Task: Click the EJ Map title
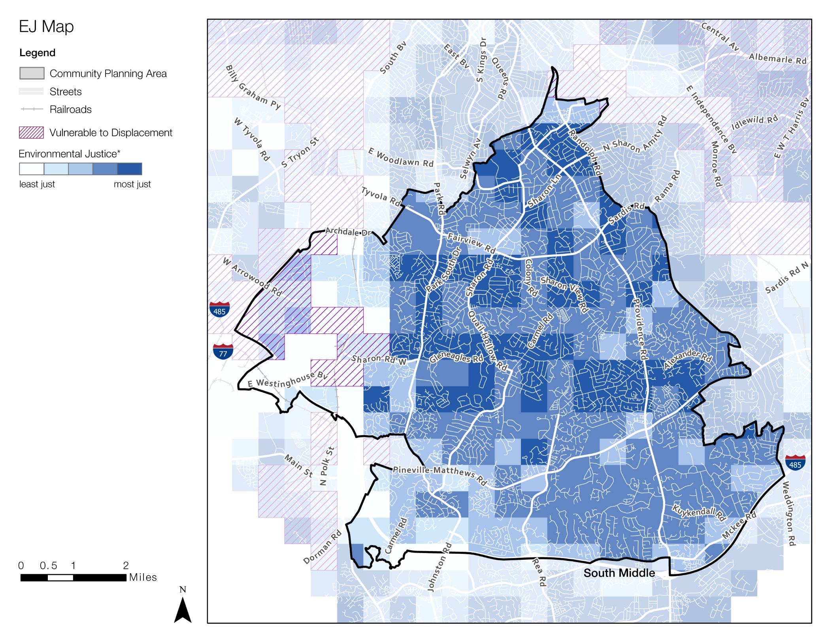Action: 46,27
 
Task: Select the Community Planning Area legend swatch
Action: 32,73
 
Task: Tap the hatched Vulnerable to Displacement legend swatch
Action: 31,133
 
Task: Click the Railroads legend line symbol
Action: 32,109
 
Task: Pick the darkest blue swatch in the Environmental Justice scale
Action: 130,169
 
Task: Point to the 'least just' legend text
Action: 37,184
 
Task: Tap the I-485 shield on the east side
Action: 795,462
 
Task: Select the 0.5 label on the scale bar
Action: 48,566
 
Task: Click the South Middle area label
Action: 619,573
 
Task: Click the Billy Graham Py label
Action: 253,88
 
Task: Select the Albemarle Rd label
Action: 777,59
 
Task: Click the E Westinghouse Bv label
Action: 287,380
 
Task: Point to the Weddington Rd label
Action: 788,513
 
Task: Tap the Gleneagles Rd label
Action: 456,358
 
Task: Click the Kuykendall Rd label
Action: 699,513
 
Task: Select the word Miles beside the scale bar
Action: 143,577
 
